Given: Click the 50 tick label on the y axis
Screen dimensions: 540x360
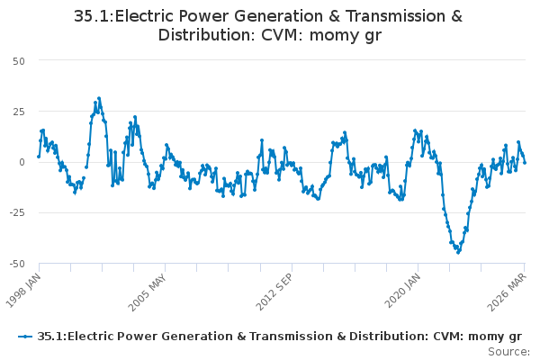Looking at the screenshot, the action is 19,61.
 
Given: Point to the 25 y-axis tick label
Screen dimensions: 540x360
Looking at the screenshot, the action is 19,112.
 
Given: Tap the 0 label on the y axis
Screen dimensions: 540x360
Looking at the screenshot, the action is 22,162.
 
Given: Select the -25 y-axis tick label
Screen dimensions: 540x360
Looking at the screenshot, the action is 17,213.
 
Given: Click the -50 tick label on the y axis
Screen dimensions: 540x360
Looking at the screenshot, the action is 17,264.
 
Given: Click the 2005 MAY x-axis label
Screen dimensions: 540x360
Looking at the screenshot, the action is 148,292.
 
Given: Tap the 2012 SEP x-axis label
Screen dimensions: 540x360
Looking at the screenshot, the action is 274,292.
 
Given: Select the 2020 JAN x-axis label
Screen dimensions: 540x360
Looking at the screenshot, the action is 402,291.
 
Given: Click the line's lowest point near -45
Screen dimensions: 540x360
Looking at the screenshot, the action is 458,253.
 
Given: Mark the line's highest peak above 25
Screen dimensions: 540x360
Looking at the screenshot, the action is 99,98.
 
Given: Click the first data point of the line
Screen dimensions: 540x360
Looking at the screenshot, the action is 39,157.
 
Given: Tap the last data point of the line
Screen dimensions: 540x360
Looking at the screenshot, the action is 525,163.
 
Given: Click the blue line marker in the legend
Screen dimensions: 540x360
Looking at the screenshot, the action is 25,337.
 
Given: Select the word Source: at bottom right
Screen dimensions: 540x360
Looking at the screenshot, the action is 509,352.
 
